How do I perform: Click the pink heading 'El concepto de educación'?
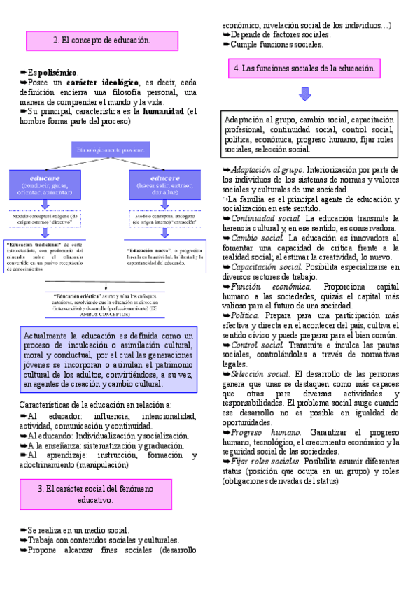click(101, 41)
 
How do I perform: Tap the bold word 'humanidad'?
click(163, 111)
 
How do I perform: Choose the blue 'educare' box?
click(45, 183)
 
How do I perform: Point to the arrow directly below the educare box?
click(45, 204)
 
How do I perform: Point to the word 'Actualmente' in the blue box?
click(48, 336)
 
